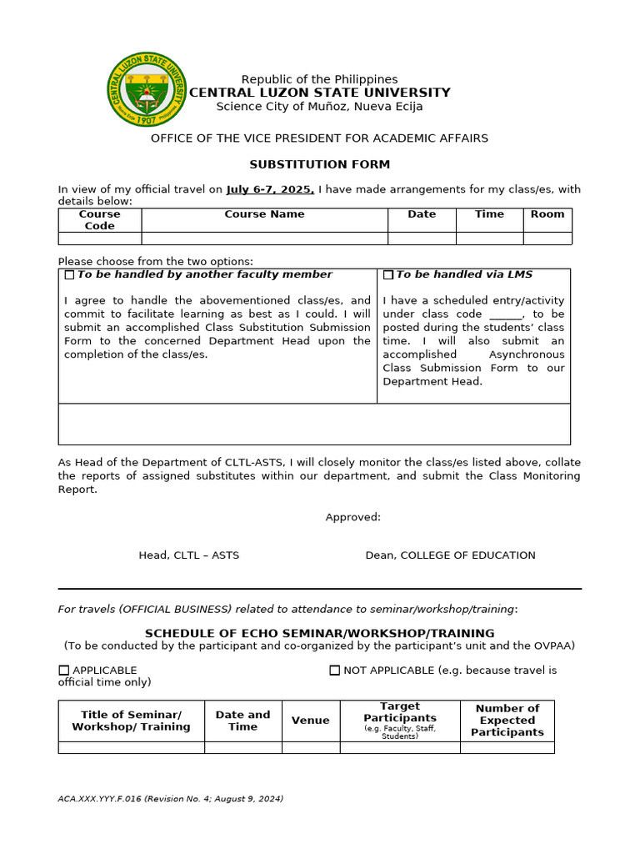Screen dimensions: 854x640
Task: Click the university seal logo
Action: [x=148, y=88]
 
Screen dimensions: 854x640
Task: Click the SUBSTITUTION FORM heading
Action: [x=320, y=164]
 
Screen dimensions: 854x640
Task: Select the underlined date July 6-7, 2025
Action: [x=270, y=189]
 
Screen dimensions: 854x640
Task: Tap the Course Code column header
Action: [x=99, y=219]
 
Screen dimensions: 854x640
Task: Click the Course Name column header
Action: [x=264, y=214]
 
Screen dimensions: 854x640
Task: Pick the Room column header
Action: [x=547, y=214]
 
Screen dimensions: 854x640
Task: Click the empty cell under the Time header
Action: [x=489, y=239]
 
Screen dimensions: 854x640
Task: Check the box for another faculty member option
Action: [x=69, y=274]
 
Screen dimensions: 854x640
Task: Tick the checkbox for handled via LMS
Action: [x=388, y=274]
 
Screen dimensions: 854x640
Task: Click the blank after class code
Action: [x=505, y=314]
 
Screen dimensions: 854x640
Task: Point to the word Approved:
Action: [x=352, y=517]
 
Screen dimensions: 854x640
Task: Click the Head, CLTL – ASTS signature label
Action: [x=188, y=555]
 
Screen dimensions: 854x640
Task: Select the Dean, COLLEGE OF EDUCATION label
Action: [x=450, y=555]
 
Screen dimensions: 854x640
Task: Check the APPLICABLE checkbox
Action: [x=64, y=670]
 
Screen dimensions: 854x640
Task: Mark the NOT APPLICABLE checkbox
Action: [x=335, y=670]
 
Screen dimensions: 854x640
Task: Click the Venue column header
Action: [x=310, y=721]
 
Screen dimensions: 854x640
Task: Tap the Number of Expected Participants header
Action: [x=507, y=721]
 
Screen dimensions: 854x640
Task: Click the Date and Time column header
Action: [x=242, y=721]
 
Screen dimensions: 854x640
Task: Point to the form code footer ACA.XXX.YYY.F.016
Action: [x=170, y=799]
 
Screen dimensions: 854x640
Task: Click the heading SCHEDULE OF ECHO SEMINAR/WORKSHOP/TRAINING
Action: [x=320, y=633]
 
